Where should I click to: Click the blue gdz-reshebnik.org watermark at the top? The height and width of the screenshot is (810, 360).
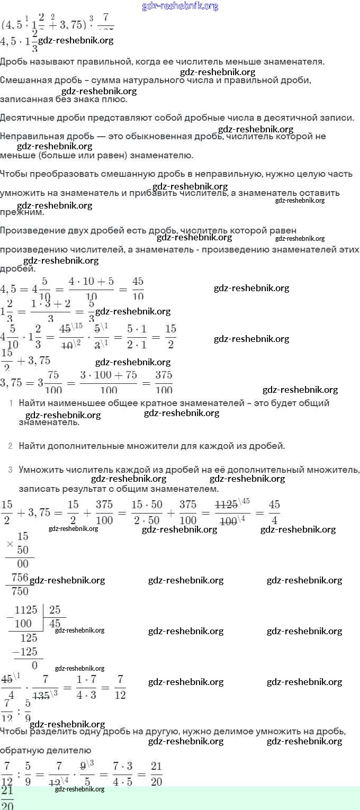pos(180,6)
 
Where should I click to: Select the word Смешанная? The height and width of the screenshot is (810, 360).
pos(24,80)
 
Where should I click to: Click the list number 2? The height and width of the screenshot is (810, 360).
pos(10,446)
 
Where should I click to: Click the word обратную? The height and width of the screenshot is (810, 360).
pos(21,750)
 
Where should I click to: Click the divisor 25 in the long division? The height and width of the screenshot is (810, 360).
pos(55,610)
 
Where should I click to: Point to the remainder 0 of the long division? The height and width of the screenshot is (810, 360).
pos(34,665)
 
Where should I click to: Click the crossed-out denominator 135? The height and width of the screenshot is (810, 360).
pos(44,694)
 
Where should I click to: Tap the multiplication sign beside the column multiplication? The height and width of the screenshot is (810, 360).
pos(9,544)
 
